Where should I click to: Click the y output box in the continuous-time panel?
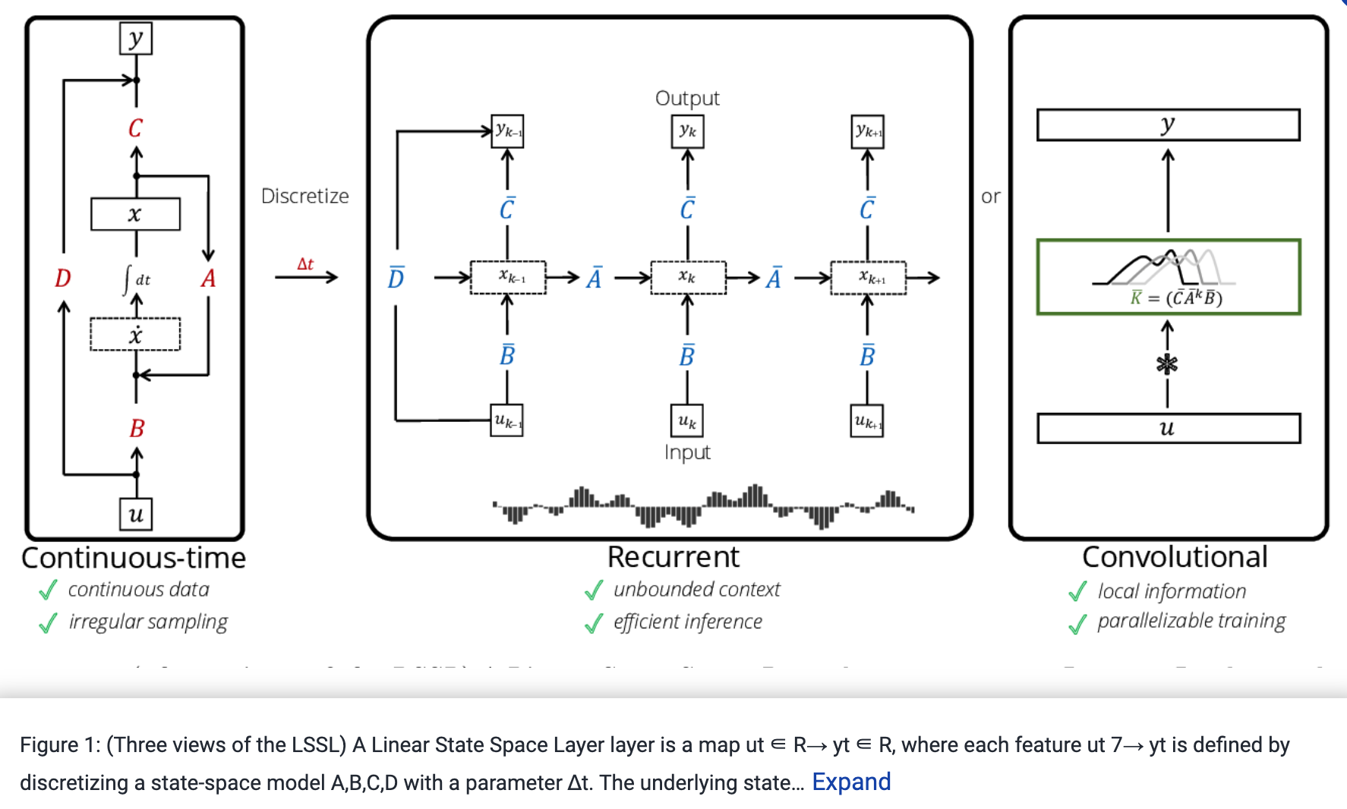pyautogui.click(x=136, y=38)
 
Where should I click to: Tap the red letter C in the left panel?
pyautogui.click(x=136, y=127)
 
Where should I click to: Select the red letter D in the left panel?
pyautogui.click(x=63, y=279)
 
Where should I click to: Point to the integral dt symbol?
pyautogui.click(x=136, y=279)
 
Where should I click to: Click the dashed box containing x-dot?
pyautogui.click(x=135, y=335)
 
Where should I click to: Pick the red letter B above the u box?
pyautogui.click(x=137, y=429)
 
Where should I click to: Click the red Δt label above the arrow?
pyautogui.click(x=305, y=264)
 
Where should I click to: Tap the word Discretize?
pyautogui.click(x=304, y=196)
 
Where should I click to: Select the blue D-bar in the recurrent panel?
pyautogui.click(x=396, y=279)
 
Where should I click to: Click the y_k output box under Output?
pyautogui.click(x=687, y=131)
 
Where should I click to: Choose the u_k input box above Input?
pyautogui.click(x=687, y=420)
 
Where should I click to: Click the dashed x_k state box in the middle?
pyautogui.click(x=687, y=277)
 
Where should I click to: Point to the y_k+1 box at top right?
pyautogui.click(x=867, y=131)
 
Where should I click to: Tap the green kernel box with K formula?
pyautogui.click(x=1168, y=277)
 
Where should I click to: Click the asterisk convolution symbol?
pyautogui.click(x=1167, y=364)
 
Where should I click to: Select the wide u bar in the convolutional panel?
pyautogui.click(x=1168, y=429)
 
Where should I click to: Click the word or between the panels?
pyautogui.click(x=990, y=197)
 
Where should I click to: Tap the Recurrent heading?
pyautogui.click(x=673, y=557)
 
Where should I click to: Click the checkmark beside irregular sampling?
pyautogui.click(x=48, y=623)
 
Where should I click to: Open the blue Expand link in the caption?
pyautogui.click(x=851, y=782)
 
